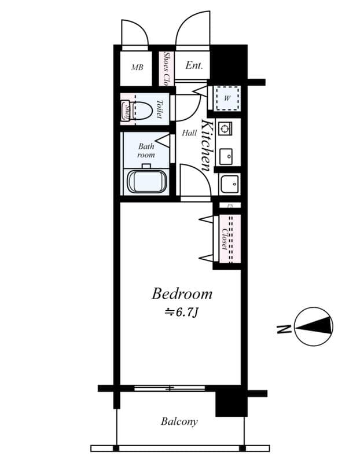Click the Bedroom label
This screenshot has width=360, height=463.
click(182, 293)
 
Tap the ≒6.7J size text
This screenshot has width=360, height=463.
click(182, 313)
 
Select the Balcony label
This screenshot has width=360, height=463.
click(179, 421)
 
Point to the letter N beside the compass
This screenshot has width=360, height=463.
click(284, 329)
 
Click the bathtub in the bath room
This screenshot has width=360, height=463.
click(146, 181)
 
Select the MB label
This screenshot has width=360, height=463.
click(137, 68)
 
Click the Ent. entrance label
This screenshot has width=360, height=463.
click(194, 65)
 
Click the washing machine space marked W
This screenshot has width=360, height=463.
click(227, 98)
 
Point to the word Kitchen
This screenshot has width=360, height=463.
click(206, 145)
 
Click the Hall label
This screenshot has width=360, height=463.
click(189, 133)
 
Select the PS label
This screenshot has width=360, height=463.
click(230, 205)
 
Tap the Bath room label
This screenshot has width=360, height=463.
click(146, 150)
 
